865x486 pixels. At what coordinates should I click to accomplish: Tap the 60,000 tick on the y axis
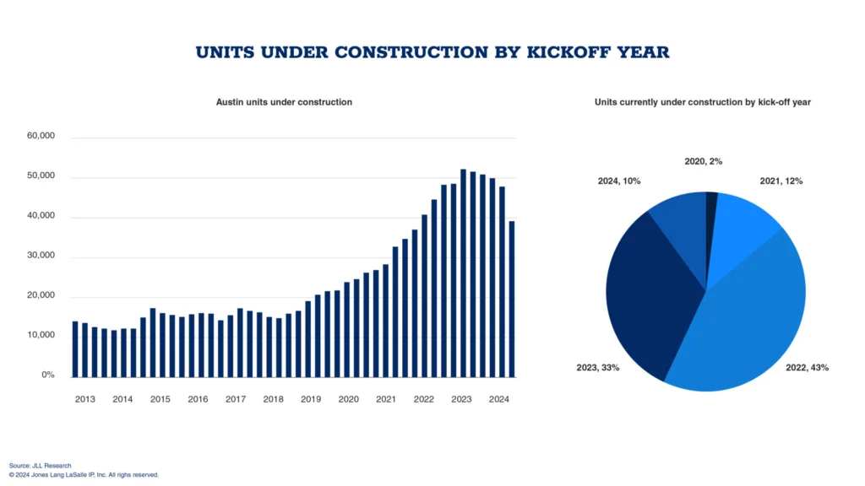tap(41, 137)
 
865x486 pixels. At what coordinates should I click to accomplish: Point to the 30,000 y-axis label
tap(41, 256)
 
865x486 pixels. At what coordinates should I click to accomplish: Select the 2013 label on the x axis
tap(84, 399)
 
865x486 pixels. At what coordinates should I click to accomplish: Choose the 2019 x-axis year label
tap(311, 399)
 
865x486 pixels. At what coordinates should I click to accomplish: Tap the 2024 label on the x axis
tap(499, 399)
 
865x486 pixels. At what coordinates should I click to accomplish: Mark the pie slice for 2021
tap(743, 228)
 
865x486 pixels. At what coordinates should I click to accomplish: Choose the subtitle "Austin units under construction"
tap(284, 102)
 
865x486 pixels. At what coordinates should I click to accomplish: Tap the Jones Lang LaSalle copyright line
tap(84, 475)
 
